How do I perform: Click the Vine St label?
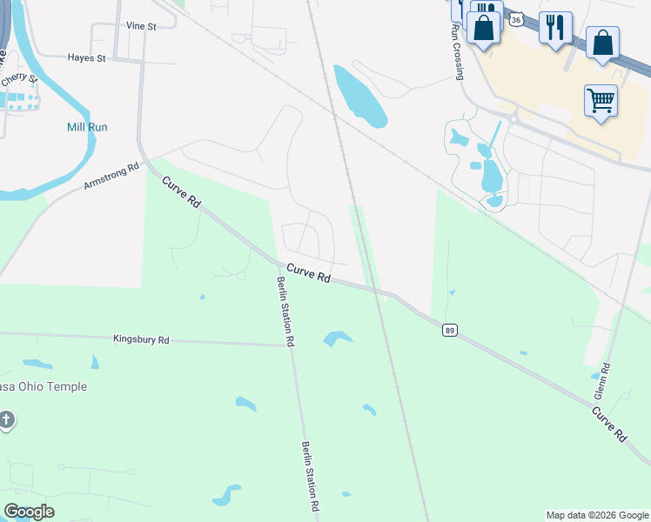[140, 27]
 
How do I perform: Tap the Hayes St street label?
[86, 58]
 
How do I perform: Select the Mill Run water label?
[87, 127]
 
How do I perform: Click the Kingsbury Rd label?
[141, 340]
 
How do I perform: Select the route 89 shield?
[449, 330]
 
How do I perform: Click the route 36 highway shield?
[516, 19]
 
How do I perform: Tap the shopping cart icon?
[601, 101]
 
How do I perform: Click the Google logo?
[29, 512]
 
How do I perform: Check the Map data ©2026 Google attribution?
[596, 515]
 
